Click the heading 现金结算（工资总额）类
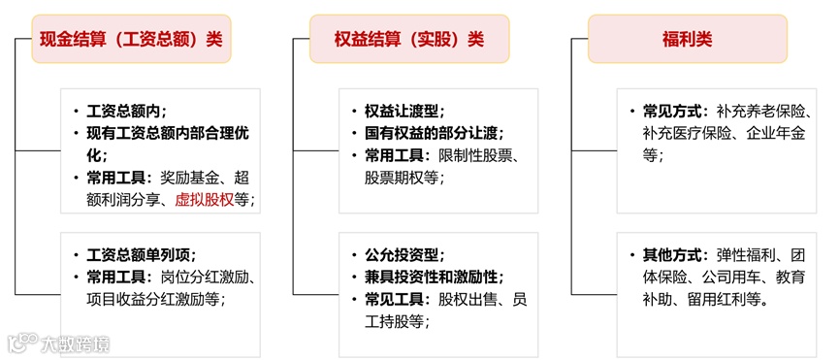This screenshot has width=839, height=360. (x=131, y=39)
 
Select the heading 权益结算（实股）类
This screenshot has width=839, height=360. (x=408, y=39)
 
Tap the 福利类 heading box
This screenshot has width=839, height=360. (x=687, y=39)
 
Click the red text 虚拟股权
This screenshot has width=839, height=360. (x=205, y=200)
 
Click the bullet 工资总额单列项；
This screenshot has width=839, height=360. (x=142, y=255)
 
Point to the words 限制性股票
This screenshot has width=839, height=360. (x=476, y=155)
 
